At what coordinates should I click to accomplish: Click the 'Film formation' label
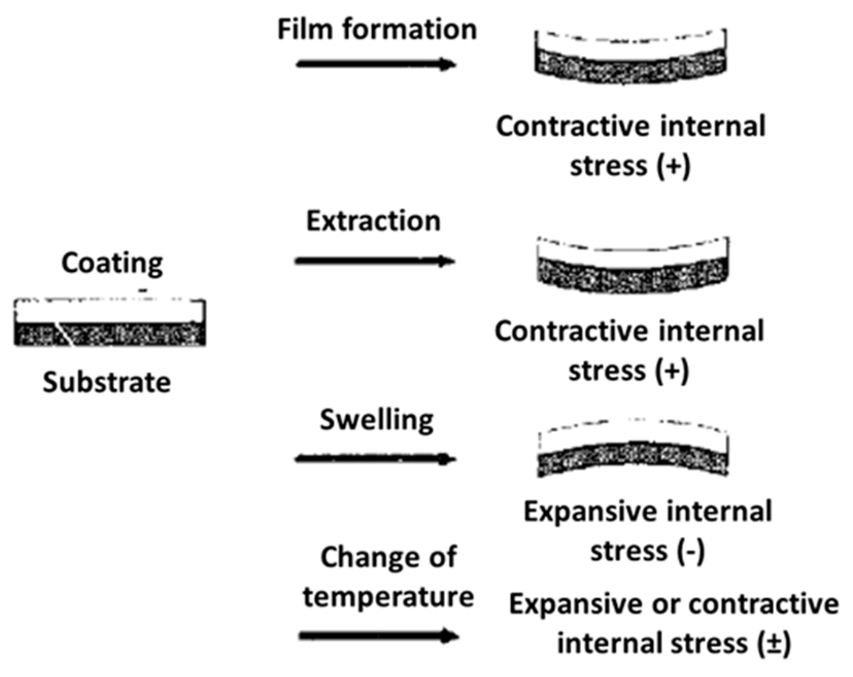coord(377,29)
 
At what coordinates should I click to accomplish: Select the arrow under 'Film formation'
coord(376,64)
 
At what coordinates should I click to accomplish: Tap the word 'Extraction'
coord(373,221)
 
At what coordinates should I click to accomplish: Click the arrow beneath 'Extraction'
coord(374,261)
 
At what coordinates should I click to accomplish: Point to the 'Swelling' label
coord(377,420)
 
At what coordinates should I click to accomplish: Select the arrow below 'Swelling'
coord(376,459)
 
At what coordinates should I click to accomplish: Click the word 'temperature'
coord(388,597)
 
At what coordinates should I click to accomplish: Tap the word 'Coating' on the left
coord(112,263)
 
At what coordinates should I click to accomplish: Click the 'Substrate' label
coord(107,383)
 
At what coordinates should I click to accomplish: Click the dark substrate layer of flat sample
coord(110,335)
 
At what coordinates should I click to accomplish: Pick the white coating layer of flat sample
coord(110,311)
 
